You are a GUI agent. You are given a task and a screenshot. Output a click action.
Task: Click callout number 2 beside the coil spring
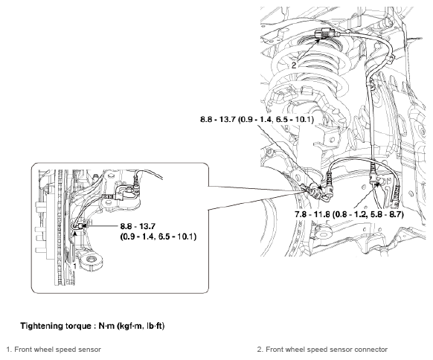click(x=294, y=65)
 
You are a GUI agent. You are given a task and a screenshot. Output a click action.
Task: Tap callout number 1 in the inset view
click(x=74, y=266)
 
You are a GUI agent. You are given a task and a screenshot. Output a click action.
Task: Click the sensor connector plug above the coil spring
click(x=324, y=33)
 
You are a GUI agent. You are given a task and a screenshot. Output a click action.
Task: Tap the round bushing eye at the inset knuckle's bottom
click(x=90, y=260)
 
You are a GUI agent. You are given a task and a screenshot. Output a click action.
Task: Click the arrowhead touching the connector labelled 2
click(x=318, y=41)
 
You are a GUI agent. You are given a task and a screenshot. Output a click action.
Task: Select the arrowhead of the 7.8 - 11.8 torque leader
click(x=377, y=184)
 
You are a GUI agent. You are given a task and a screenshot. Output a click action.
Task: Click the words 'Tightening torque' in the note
click(x=56, y=326)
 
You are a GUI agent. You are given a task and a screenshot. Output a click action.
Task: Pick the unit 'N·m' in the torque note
click(x=106, y=326)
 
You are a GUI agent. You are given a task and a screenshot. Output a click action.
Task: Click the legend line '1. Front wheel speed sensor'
click(x=54, y=350)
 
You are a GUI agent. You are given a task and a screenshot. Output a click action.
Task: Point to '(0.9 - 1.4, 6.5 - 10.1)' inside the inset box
click(x=158, y=237)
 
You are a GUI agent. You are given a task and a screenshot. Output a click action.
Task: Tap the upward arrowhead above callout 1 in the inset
click(x=75, y=233)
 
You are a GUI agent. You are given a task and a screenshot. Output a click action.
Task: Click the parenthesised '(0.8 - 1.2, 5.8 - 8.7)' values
click(x=368, y=214)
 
